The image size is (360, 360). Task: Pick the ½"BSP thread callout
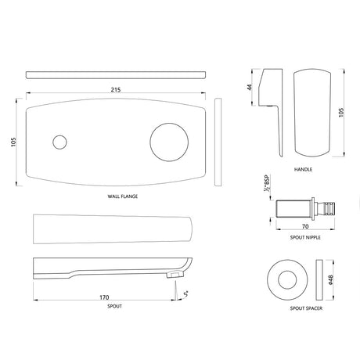pyautogui.click(x=267, y=189)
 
